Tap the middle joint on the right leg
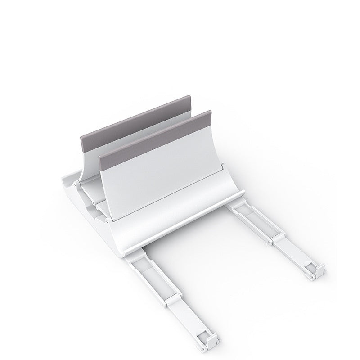tap(274, 238)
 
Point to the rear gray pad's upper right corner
tap(190, 96)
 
